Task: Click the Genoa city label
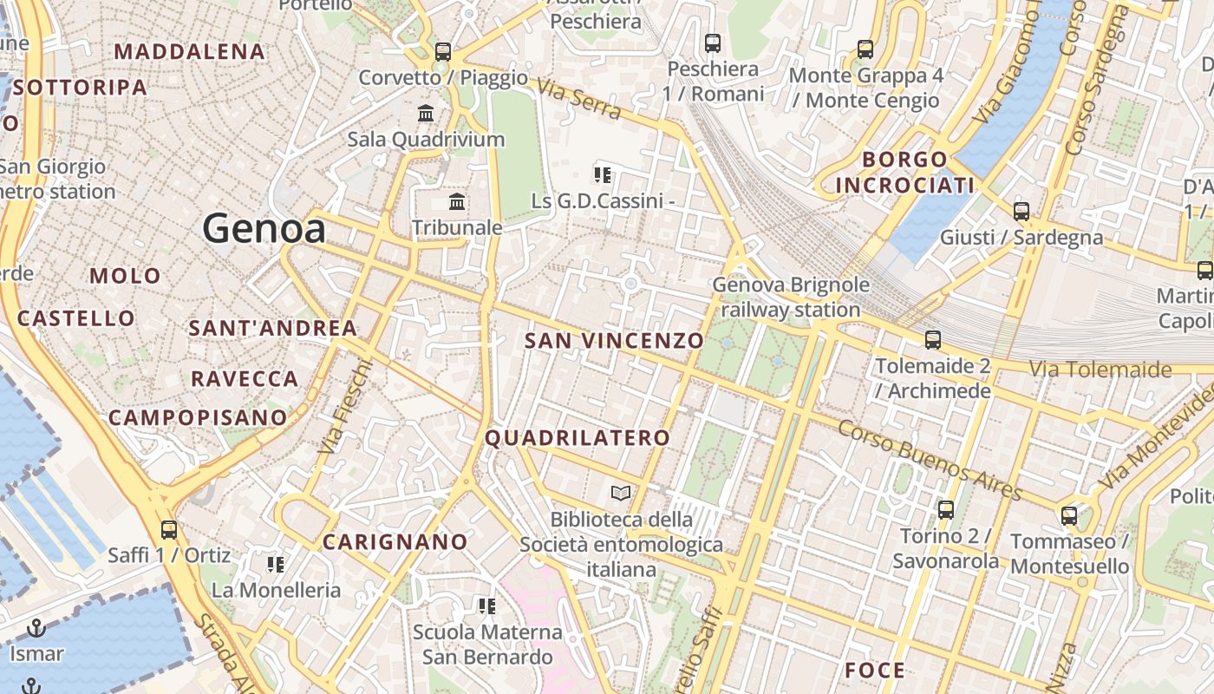264,228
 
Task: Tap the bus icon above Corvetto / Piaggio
443,51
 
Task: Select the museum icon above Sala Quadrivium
426,113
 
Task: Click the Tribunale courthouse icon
457,202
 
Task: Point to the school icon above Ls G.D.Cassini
603,175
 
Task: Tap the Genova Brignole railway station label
790,297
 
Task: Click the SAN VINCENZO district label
614,340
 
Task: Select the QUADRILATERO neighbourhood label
578,438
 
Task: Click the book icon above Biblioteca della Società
621,494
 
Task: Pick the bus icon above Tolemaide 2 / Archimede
933,340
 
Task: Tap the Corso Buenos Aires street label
930,460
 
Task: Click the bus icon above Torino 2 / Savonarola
946,509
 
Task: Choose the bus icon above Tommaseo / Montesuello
1069,516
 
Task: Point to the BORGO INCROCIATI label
905,172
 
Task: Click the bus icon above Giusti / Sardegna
1021,211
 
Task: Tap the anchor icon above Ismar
36,627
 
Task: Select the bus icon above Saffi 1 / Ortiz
169,529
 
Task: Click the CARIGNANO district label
395,542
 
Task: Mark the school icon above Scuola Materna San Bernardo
486,606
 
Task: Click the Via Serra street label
578,99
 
